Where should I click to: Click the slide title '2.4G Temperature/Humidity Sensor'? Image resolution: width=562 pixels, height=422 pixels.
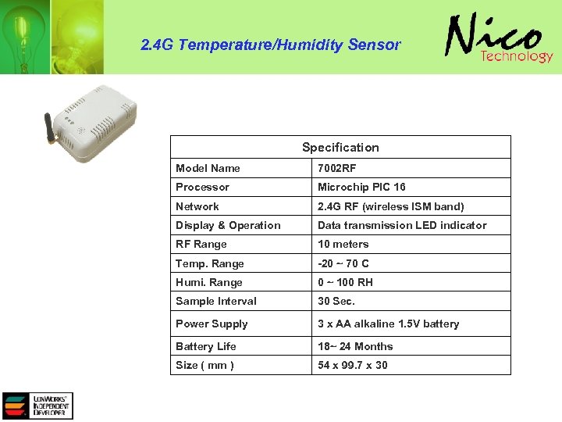(x=270, y=45)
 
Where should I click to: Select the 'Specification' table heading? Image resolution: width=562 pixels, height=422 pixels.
(x=340, y=147)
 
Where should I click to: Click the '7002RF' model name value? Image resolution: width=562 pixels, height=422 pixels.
(x=336, y=168)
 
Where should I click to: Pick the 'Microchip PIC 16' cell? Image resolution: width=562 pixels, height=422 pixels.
(x=361, y=187)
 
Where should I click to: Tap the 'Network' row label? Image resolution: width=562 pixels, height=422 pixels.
(x=197, y=206)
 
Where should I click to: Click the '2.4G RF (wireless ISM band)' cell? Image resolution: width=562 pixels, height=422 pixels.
(x=390, y=206)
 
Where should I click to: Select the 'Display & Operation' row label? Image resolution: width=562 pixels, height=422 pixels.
(x=228, y=225)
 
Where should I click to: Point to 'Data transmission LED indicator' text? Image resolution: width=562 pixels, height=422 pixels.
(x=401, y=225)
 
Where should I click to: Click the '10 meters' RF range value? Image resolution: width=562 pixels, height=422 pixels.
(x=343, y=244)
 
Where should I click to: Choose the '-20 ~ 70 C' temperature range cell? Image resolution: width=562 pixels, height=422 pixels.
(x=343, y=263)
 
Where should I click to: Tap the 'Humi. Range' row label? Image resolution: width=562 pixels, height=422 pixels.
(x=209, y=282)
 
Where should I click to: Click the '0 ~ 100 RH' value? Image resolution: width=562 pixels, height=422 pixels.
(x=345, y=282)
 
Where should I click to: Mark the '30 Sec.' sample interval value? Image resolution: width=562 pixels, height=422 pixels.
(x=336, y=301)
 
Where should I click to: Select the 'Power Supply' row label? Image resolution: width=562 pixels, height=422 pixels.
(x=212, y=324)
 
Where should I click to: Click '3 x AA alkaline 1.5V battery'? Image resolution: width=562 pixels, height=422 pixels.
(x=388, y=324)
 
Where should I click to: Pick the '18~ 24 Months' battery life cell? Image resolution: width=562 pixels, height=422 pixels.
(x=355, y=346)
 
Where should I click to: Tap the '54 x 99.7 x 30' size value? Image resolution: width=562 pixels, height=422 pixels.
(x=352, y=365)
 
